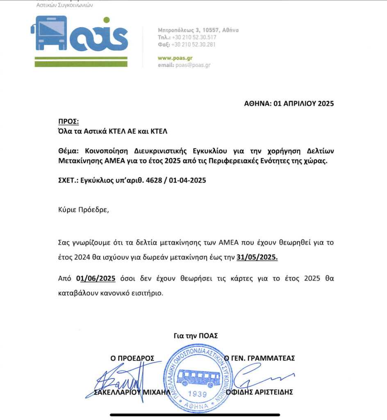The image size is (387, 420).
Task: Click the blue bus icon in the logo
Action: [49, 33]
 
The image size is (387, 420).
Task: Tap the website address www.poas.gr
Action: [175, 58]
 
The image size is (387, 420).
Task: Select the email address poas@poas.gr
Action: [193, 65]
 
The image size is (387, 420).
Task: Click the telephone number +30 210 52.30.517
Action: [193, 37]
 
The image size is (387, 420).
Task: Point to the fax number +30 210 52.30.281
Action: [193, 44]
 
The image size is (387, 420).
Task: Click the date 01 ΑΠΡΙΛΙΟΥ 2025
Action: [303, 103]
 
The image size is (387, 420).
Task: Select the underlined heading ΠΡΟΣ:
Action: [68, 122]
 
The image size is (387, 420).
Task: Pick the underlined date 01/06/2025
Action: [96, 279]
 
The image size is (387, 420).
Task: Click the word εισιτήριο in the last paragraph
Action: [150, 294]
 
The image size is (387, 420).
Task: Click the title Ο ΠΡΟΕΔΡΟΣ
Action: [132, 358]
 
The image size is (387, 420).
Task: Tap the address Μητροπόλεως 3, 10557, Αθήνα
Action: [198, 30]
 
